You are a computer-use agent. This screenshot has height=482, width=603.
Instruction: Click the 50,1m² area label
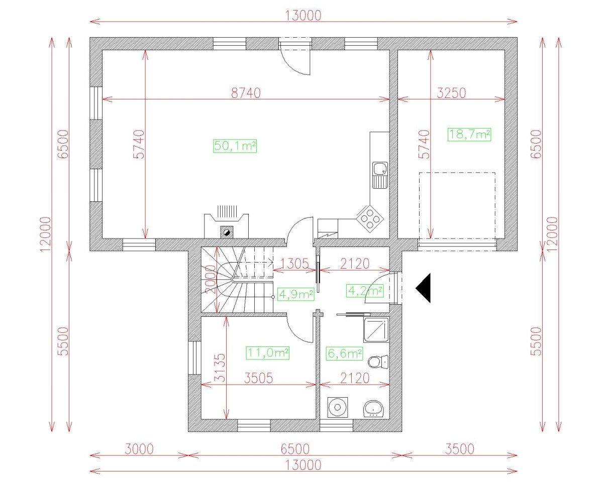point(235,146)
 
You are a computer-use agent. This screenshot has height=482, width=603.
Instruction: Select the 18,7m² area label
point(469,134)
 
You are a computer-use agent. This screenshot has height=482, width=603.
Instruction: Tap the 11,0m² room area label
point(268,353)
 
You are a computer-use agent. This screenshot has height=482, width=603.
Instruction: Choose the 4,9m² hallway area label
point(296,294)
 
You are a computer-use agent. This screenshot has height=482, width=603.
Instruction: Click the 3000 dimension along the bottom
point(139,448)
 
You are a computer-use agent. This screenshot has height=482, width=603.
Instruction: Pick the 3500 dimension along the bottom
point(459,448)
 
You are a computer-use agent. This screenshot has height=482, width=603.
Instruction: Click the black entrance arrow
point(424,288)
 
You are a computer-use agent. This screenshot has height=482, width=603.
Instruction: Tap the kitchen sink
point(380,174)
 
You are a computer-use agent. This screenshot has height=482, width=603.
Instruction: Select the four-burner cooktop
point(370,217)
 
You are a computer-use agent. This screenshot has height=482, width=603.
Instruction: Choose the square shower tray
point(376,329)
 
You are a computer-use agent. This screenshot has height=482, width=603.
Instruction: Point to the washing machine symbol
point(336,407)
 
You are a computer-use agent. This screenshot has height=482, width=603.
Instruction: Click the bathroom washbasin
point(374,408)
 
